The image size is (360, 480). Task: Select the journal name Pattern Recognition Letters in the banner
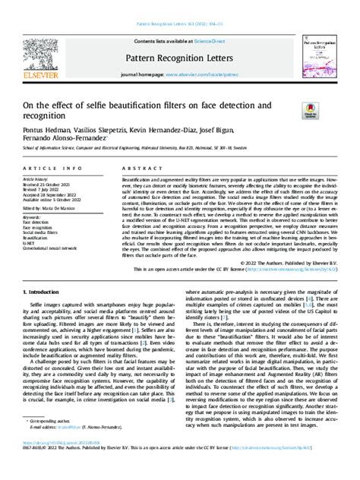(180, 58)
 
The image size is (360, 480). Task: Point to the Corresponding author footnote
(50, 441)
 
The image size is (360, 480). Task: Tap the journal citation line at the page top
(180, 25)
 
